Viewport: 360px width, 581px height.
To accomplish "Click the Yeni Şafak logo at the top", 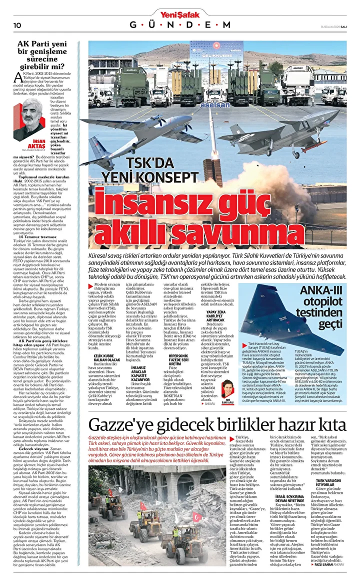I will coord(180,13).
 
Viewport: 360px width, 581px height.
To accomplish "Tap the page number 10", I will coord(16,25).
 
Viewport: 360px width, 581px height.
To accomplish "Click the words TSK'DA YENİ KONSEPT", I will coord(150,170).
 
